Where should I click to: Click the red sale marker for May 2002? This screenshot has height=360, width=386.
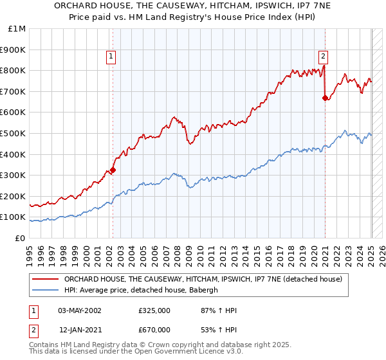113,170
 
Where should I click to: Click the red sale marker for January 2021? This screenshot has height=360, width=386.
325,98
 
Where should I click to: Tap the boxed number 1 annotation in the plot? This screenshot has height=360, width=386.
111,57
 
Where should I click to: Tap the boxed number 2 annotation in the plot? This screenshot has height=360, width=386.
322,57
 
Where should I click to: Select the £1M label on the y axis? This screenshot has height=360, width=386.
17,28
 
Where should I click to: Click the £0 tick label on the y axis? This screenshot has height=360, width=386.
21,238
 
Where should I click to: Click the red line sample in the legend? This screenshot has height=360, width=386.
45,279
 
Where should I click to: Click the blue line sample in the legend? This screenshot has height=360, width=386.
45,290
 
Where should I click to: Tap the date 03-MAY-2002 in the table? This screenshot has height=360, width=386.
79,310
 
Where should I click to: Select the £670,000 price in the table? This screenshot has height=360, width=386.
154,330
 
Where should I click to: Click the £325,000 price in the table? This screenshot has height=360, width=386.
154,310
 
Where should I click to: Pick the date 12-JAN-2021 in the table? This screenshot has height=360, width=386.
79,330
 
